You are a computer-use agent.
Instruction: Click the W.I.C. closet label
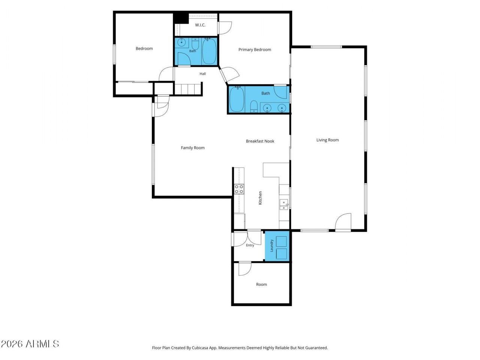point(200,25)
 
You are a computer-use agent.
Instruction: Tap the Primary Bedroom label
point(255,49)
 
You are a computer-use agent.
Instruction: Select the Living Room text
point(327,140)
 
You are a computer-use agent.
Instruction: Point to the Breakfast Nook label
point(260,141)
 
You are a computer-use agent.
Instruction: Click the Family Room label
point(193,148)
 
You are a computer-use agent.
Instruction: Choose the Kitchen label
point(260,198)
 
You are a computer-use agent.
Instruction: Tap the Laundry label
point(272,246)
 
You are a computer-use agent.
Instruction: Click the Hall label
point(202,74)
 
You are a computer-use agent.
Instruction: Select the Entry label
point(250,245)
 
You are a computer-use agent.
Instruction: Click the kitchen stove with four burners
point(239,189)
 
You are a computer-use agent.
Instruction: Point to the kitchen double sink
point(284,204)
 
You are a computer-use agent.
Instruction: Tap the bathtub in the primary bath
point(237,99)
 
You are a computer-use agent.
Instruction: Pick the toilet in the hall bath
point(195,44)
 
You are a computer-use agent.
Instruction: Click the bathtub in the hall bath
point(209,51)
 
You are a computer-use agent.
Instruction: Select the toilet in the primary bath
point(253,106)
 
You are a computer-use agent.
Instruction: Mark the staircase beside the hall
point(188,90)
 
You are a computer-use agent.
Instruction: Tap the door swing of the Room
point(244,268)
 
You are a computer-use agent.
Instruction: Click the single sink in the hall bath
point(181,42)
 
